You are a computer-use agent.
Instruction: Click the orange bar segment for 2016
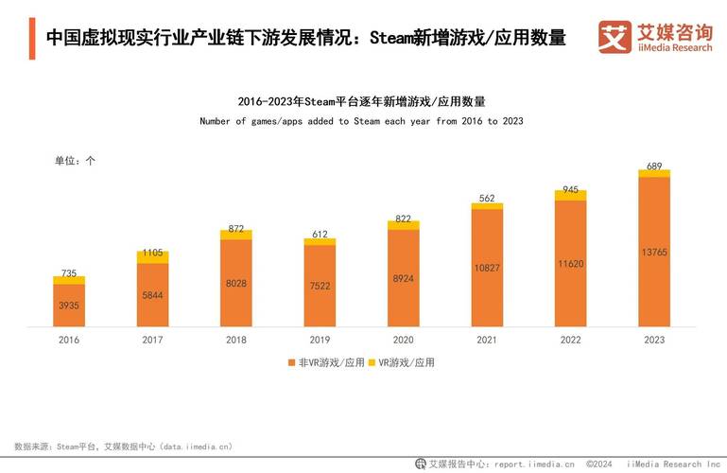click(69, 305)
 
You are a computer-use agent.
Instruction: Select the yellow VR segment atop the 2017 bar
click(152, 257)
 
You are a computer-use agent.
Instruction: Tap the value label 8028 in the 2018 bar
click(235, 283)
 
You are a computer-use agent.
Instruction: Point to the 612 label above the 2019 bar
click(320, 234)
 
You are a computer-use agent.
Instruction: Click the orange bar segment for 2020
click(403, 278)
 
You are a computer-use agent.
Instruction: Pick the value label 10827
click(487, 268)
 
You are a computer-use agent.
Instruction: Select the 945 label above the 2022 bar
click(570, 189)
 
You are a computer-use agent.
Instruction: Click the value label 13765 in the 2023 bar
click(654, 252)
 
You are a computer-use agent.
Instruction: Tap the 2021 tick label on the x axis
click(487, 340)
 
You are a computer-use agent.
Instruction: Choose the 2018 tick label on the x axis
click(235, 340)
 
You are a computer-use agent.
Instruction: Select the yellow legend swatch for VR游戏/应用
click(371, 362)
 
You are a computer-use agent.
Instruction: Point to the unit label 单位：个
click(75, 161)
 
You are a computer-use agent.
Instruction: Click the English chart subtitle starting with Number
click(361, 121)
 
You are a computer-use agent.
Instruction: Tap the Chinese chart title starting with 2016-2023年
click(361, 101)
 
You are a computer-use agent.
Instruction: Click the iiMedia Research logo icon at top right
click(614, 37)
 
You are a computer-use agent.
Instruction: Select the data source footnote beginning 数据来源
click(123, 446)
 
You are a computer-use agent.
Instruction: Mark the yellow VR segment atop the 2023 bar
click(654, 173)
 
